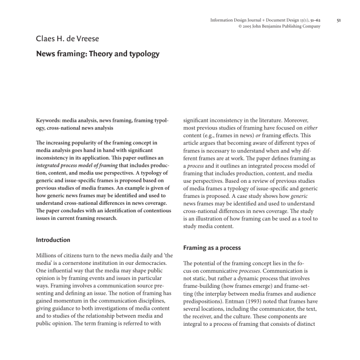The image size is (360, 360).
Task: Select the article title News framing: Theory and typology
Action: pyautogui.click(x=97, y=54)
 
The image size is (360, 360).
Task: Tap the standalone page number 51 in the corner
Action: pyautogui.click(x=339, y=20)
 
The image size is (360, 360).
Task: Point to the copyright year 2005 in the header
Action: pyautogui.click(x=247, y=26)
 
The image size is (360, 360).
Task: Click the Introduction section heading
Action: pyautogui.click(x=53, y=240)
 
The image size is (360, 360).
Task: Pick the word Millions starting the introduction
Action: pyautogui.click(x=49, y=257)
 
